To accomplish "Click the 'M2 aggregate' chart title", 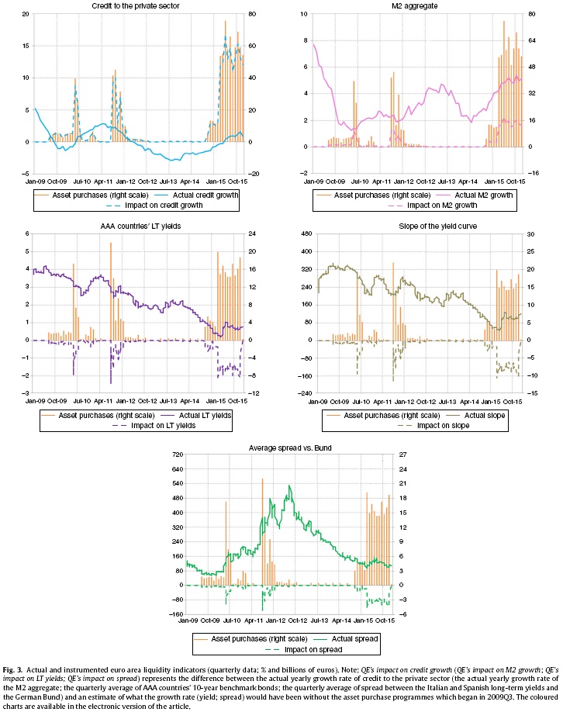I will point(420,7).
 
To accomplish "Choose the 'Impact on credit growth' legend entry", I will point(164,206).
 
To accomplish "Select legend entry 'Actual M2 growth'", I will point(478,195).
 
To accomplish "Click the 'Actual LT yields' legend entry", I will point(198,416).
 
